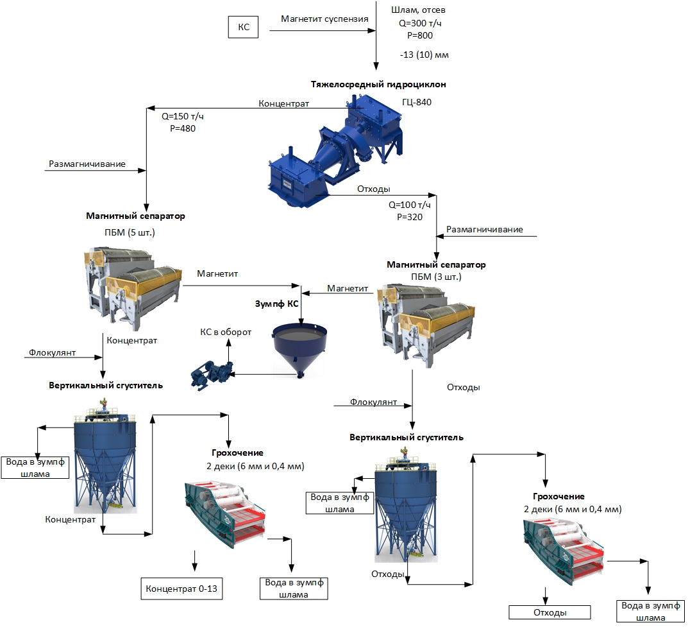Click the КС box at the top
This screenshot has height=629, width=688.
coord(244,28)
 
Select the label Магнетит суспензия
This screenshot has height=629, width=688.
coord(324,19)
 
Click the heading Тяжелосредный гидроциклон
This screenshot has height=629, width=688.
coord(378,84)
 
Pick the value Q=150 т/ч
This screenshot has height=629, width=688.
coord(183,117)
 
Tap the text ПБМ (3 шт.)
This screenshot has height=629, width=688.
coord(436,277)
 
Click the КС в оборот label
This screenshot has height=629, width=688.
coord(225,332)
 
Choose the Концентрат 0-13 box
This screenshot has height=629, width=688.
coord(181,589)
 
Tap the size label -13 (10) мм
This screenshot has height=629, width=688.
coord(424,55)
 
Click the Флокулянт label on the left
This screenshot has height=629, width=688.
coord(52,353)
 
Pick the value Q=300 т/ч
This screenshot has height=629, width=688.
coord(420,24)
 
